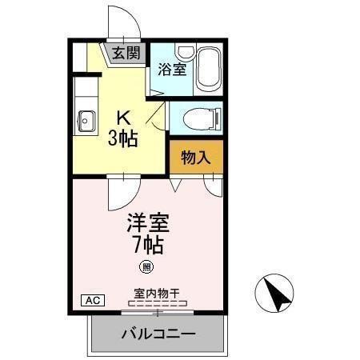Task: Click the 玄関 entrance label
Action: tap(126, 54)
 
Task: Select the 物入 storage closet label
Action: tap(195, 158)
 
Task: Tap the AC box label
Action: tap(92, 301)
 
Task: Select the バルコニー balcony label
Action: tap(158, 333)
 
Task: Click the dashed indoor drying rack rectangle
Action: tap(159, 305)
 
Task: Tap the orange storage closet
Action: tap(195, 158)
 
